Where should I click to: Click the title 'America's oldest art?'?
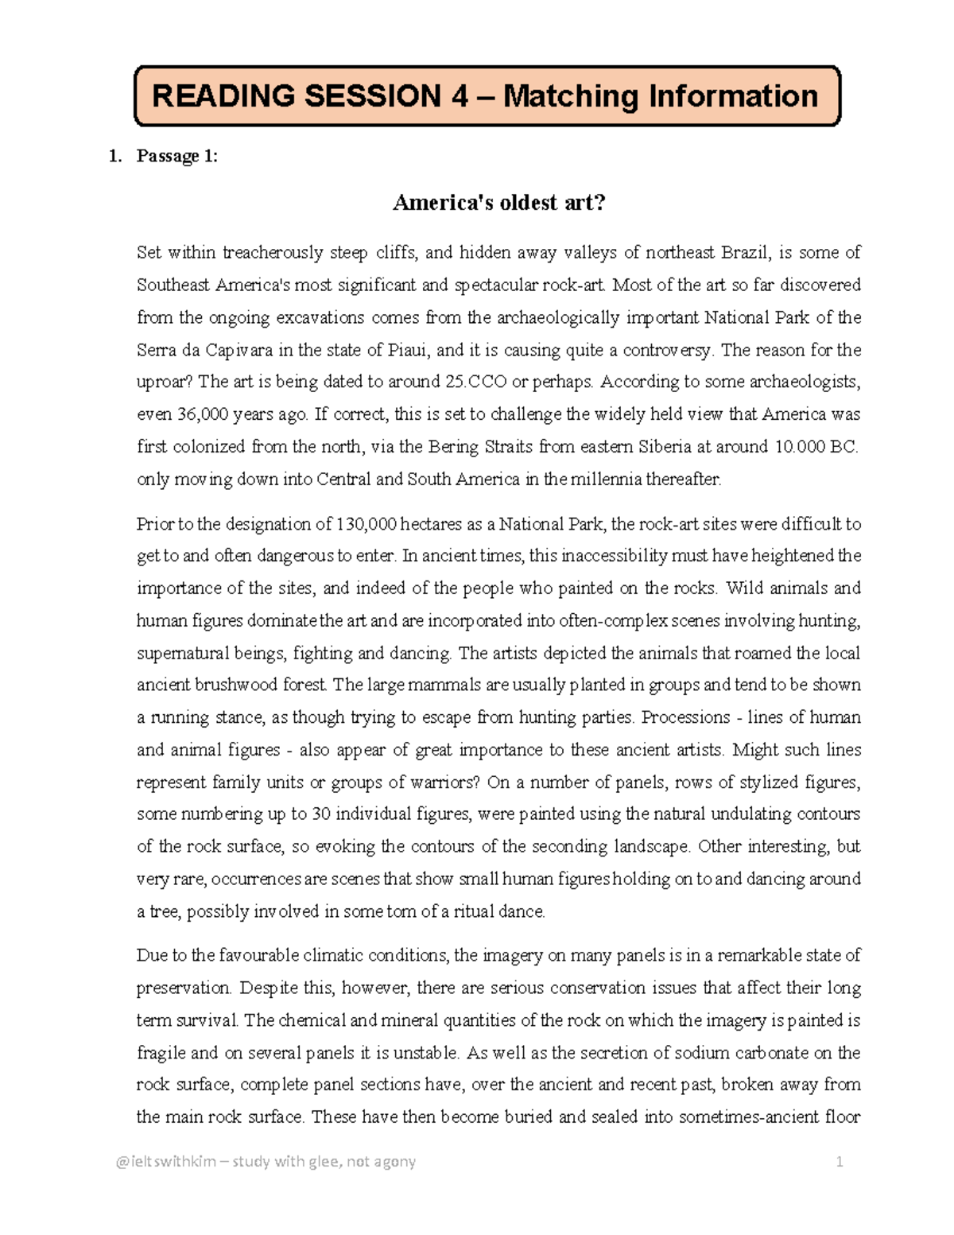tap(499, 203)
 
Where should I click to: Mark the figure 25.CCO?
tap(475, 382)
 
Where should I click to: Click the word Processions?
tap(685, 717)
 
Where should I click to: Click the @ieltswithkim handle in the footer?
tap(165, 1162)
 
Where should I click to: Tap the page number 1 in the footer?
tap(839, 1162)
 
